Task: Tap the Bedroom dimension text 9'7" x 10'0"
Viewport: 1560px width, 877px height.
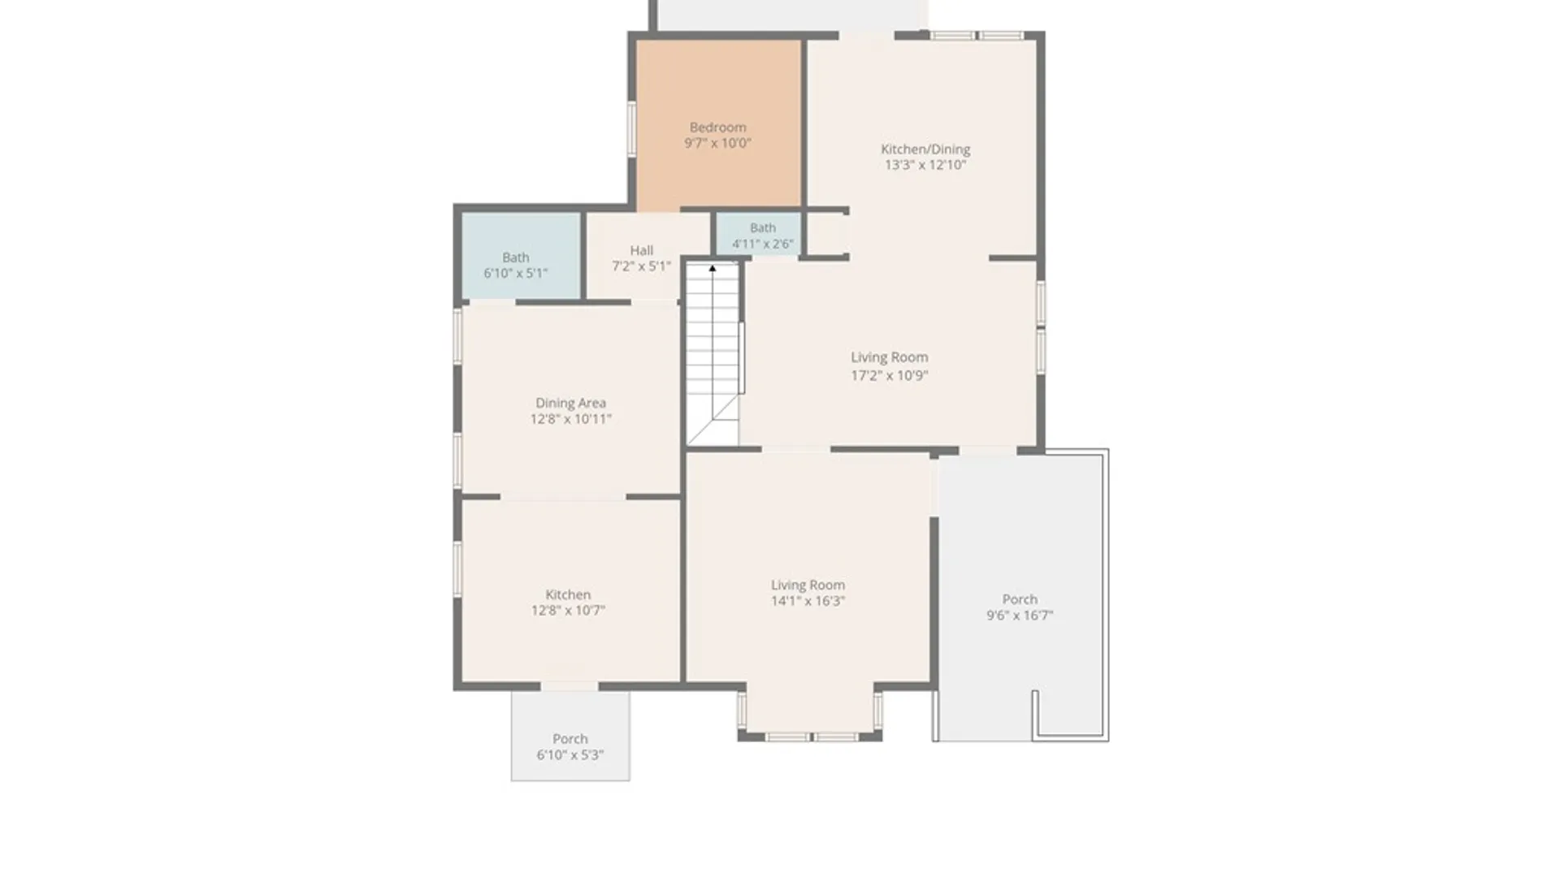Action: click(x=717, y=144)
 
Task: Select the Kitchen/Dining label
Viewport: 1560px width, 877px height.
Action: click(x=925, y=149)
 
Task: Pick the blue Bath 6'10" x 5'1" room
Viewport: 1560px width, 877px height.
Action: click(x=521, y=257)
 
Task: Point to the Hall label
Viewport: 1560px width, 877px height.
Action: click(x=641, y=250)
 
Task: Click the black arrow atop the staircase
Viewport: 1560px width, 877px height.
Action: click(x=713, y=268)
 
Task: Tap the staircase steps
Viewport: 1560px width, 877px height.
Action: click(x=713, y=353)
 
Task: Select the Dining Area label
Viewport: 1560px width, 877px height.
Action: click(x=570, y=403)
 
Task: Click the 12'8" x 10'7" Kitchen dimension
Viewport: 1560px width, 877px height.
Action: click(x=568, y=611)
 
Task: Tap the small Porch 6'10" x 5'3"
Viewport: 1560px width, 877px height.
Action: click(x=570, y=736)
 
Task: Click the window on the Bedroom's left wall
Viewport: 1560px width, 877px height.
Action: click(x=631, y=128)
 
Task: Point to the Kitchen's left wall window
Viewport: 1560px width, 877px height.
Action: click(x=457, y=569)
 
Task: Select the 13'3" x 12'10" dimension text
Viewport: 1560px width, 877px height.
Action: click(x=925, y=165)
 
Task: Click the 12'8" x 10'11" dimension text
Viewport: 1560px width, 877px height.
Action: click(x=570, y=419)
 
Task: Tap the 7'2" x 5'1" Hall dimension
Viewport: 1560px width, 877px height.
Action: click(x=641, y=266)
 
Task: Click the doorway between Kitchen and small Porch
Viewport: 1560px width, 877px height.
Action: click(x=570, y=687)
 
